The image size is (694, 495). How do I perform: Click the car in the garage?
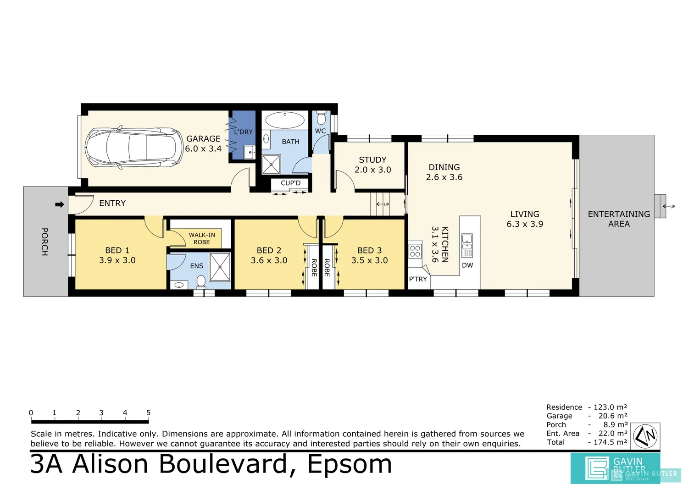[x=133, y=148]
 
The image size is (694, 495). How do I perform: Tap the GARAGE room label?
[x=203, y=138]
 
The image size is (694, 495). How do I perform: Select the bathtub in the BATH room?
[x=285, y=121]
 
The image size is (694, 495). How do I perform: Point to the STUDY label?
[x=372, y=160]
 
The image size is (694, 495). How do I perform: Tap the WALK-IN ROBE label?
[x=201, y=238]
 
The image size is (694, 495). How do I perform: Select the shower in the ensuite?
[x=220, y=267]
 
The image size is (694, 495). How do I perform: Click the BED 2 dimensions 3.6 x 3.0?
[x=269, y=260]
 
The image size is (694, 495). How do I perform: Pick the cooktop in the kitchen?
[x=415, y=251]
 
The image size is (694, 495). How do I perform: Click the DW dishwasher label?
[x=467, y=265]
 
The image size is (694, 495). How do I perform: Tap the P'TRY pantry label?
[x=418, y=279]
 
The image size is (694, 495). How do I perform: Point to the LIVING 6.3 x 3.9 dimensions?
[x=525, y=224]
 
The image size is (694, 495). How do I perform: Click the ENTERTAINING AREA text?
[x=619, y=219]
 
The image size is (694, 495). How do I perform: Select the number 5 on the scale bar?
[x=148, y=412]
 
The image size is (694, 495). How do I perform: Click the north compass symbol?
[x=645, y=436]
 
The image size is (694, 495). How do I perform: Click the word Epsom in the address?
[x=350, y=464]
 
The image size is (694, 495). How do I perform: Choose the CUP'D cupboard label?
[x=290, y=183]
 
